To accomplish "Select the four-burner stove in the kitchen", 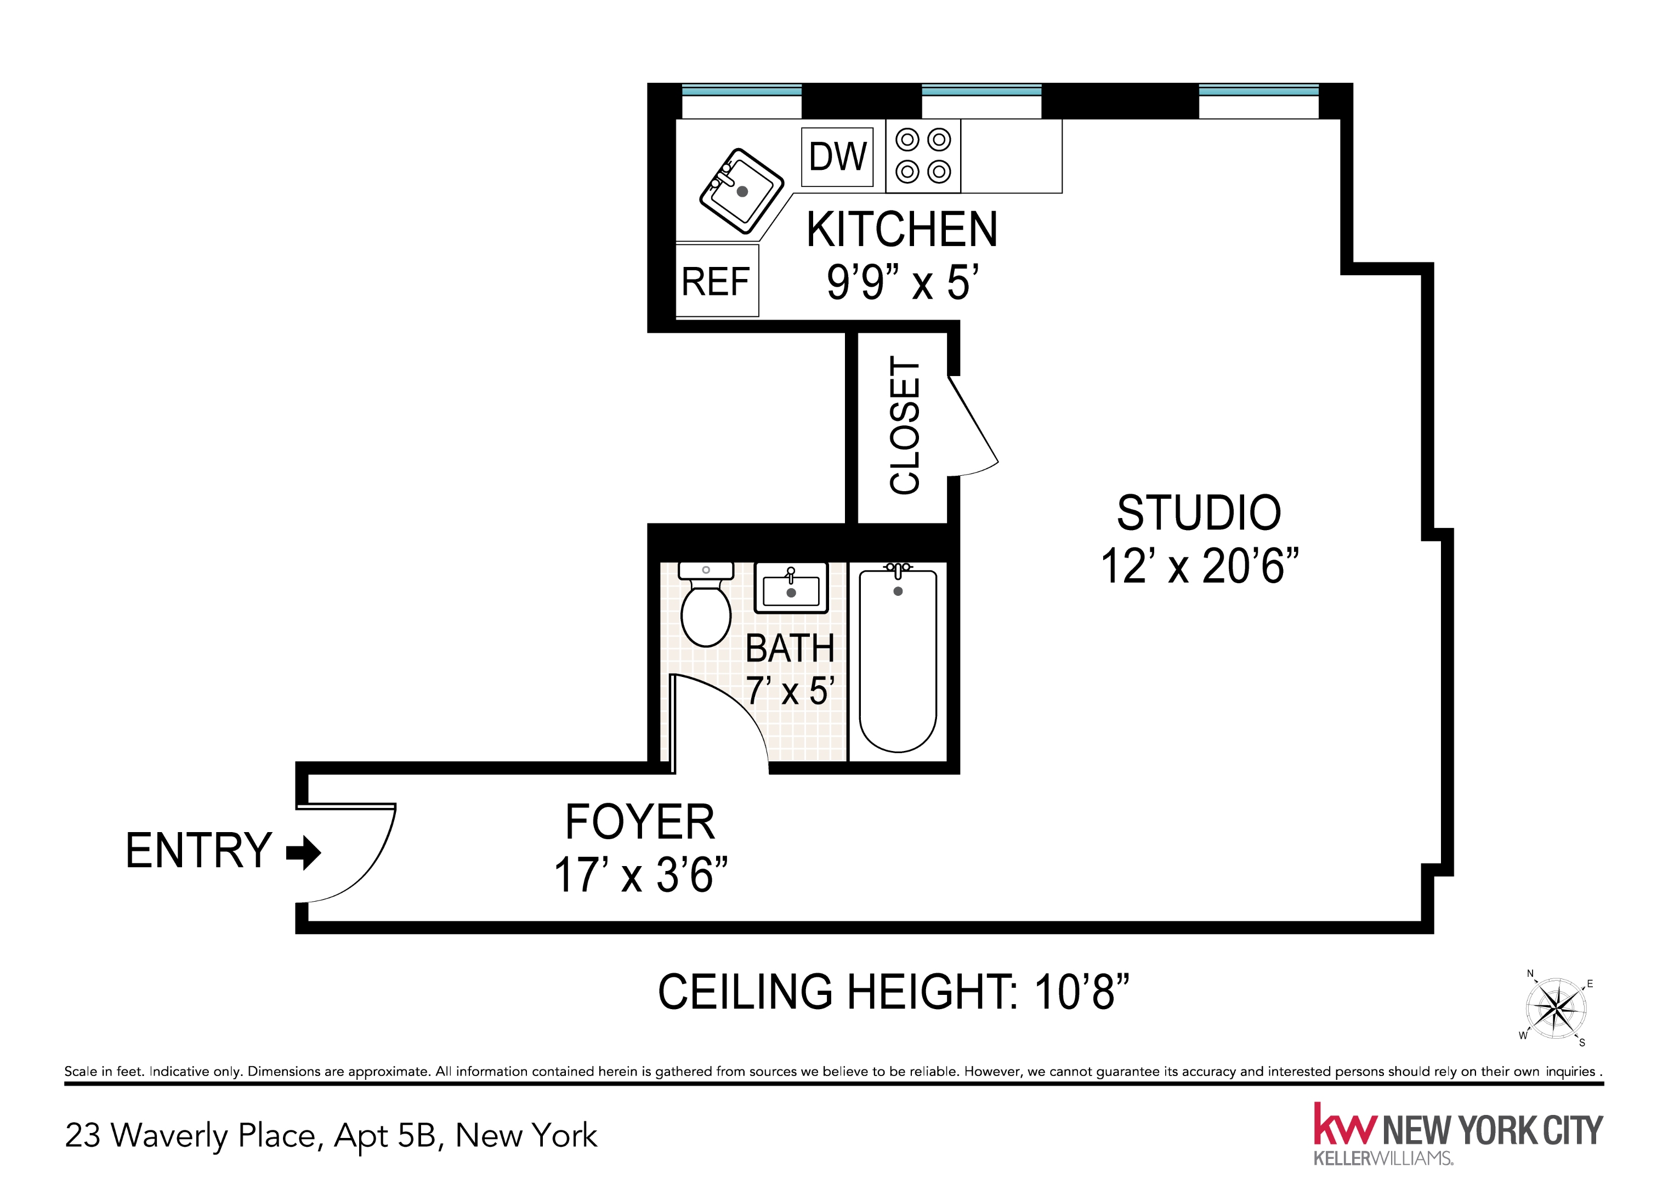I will tap(923, 156).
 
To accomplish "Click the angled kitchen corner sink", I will tap(741, 191).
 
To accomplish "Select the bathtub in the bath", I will tap(898, 660).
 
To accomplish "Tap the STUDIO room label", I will tap(1199, 513).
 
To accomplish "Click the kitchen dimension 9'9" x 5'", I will tap(901, 282).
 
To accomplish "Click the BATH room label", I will tap(790, 648).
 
